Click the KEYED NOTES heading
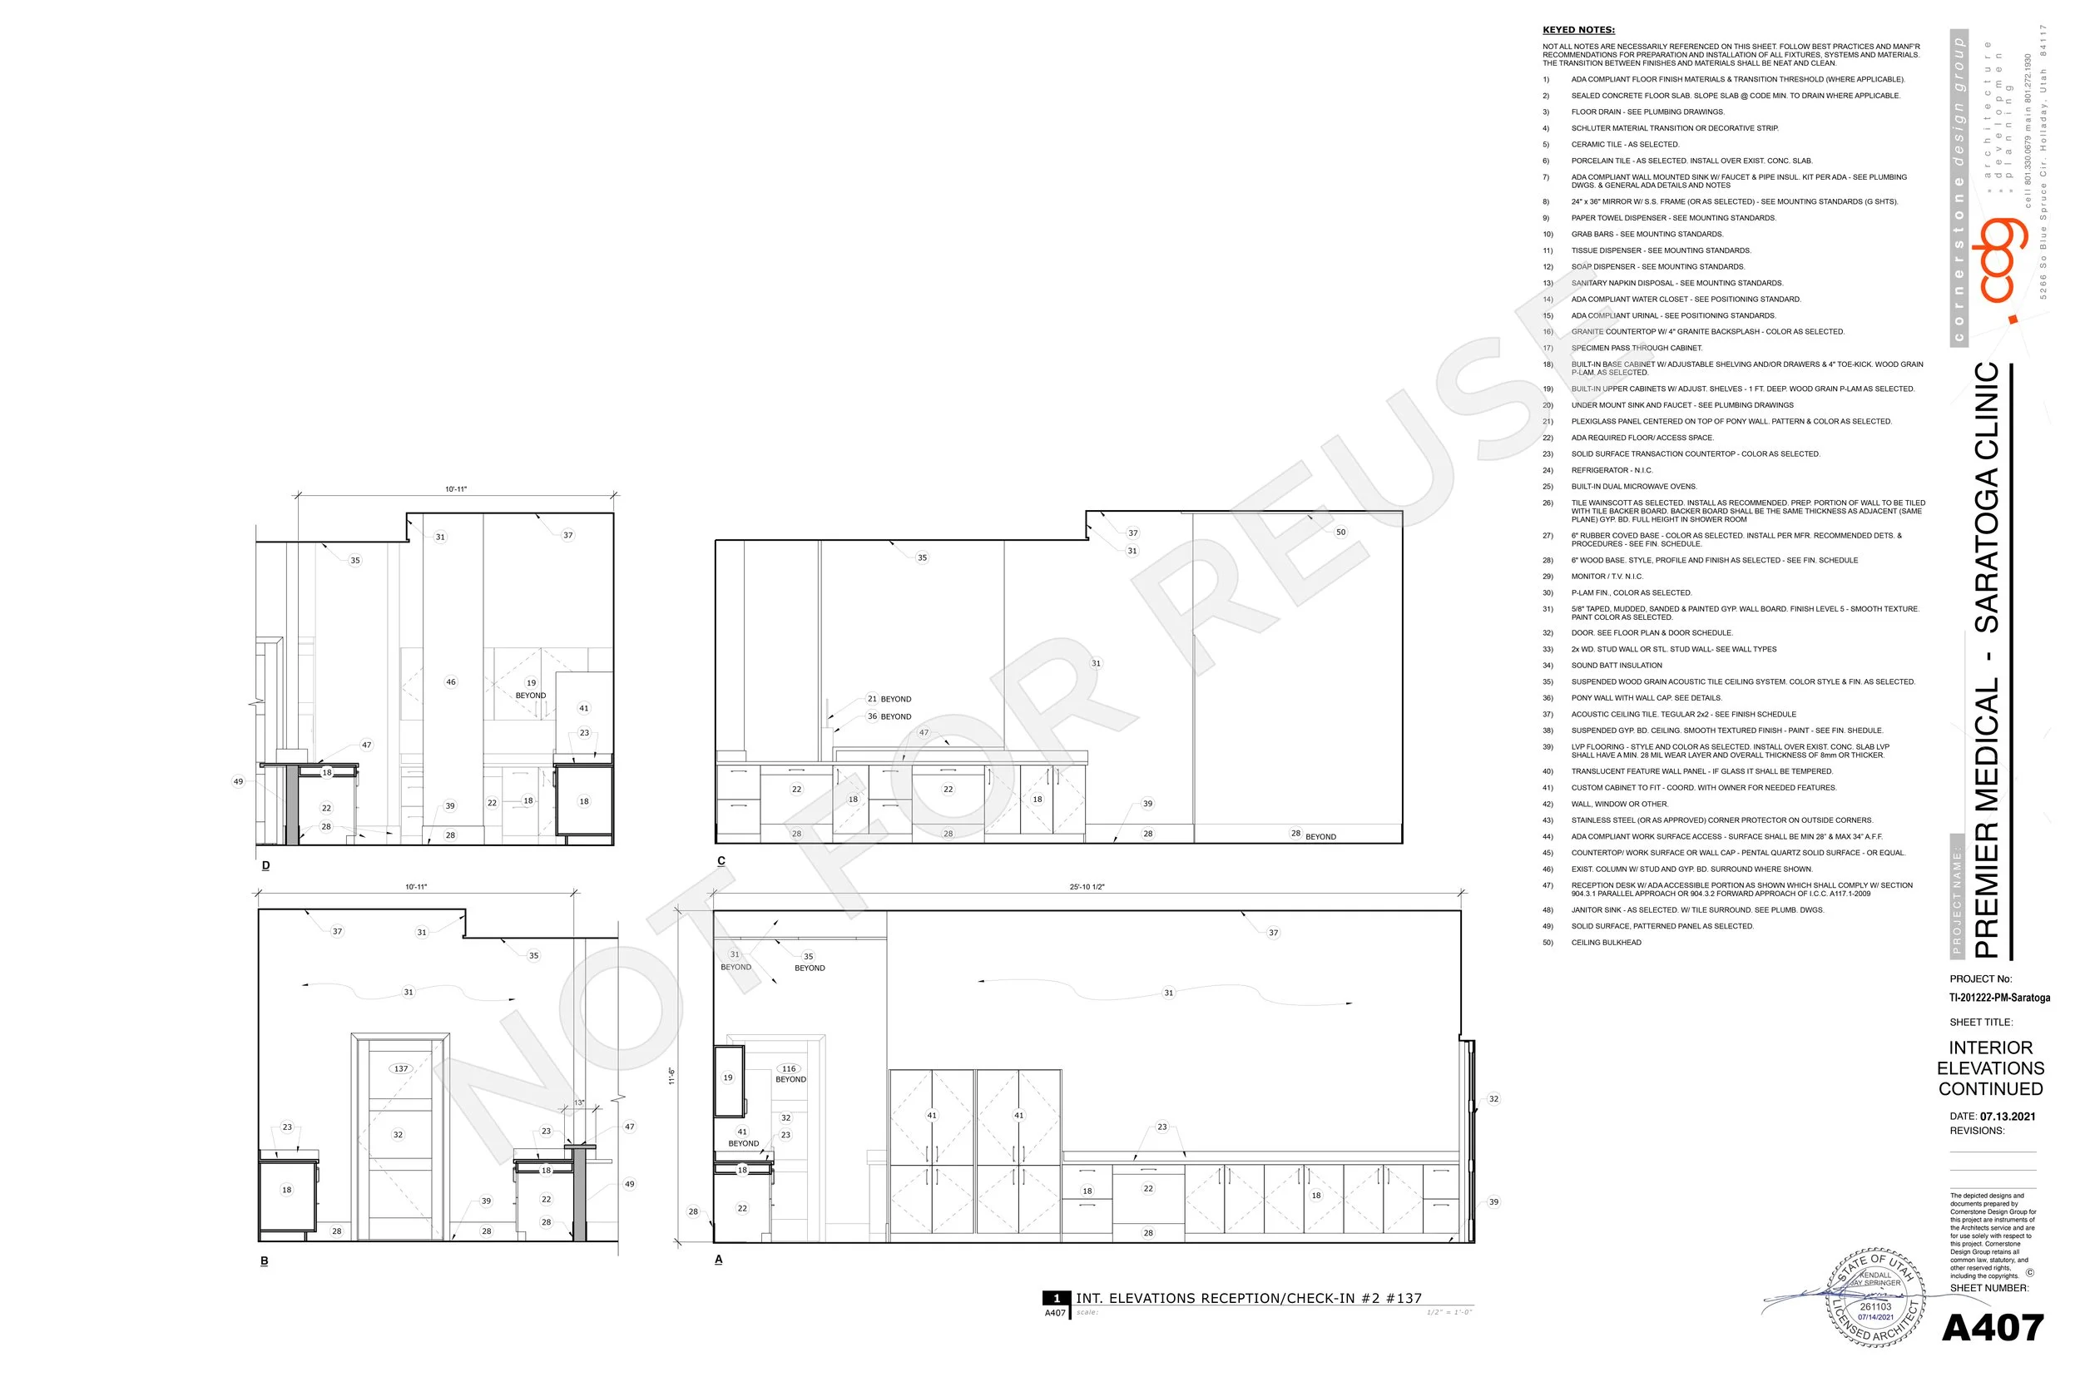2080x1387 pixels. pyautogui.click(x=1578, y=30)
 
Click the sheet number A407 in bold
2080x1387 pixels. pyautogui.click(x=1993, y=1328)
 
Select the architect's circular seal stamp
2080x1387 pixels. pyautogui.click(x=1874, y=1298)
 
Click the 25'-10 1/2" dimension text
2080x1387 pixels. pyautogui.click(x=1087, y=886)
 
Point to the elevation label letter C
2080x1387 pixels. pyautogui.click(x=721, y=860)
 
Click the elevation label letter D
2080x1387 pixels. pyautogui.click(x=265, y=865)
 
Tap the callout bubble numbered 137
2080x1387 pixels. pyautogui.click(x=401, y=1068)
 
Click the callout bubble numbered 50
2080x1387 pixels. pyautogui.click(x=1340, y=532)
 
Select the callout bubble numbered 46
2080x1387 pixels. pyautogui.click(x=450, y=682)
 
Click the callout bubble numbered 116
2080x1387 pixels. pyautogui.click(x=789, y=1068)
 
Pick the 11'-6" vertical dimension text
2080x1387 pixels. pyautogui.click(x=672, y=1076)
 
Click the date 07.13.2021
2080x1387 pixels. pyautogui.click(x=2008, y=1117)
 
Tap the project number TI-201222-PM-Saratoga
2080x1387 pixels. pyautogui.click(x=1999, y=998)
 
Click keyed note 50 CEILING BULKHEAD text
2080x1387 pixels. pyautogui.click(x=1606, y=943)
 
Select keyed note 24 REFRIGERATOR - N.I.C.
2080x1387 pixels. pyautogui.click(x=1612, y=471)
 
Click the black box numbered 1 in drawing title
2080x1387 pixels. pyautogui.click(x=1056, y=1299)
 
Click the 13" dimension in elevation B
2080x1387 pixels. pyautogui.click(x=579, y=1102)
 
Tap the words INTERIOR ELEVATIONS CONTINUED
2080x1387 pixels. pyautogui.click(x=1991, y=1067)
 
